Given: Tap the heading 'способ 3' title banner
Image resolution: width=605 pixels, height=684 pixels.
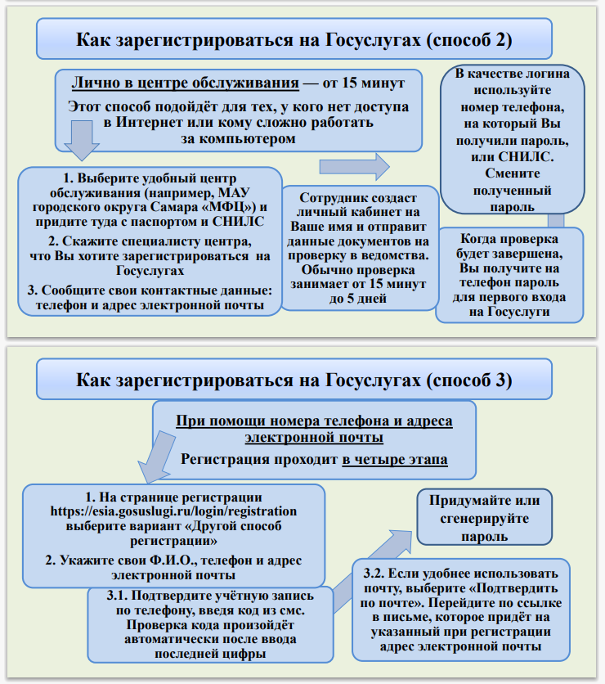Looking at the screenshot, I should coord(294,380).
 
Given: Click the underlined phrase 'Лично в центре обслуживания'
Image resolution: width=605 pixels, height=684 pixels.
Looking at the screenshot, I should coord(184,83).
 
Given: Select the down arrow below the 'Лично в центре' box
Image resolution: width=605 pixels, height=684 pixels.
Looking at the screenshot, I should coord(81,140).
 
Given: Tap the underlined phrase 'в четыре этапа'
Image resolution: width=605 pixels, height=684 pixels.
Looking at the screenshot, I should coord(395,460).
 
